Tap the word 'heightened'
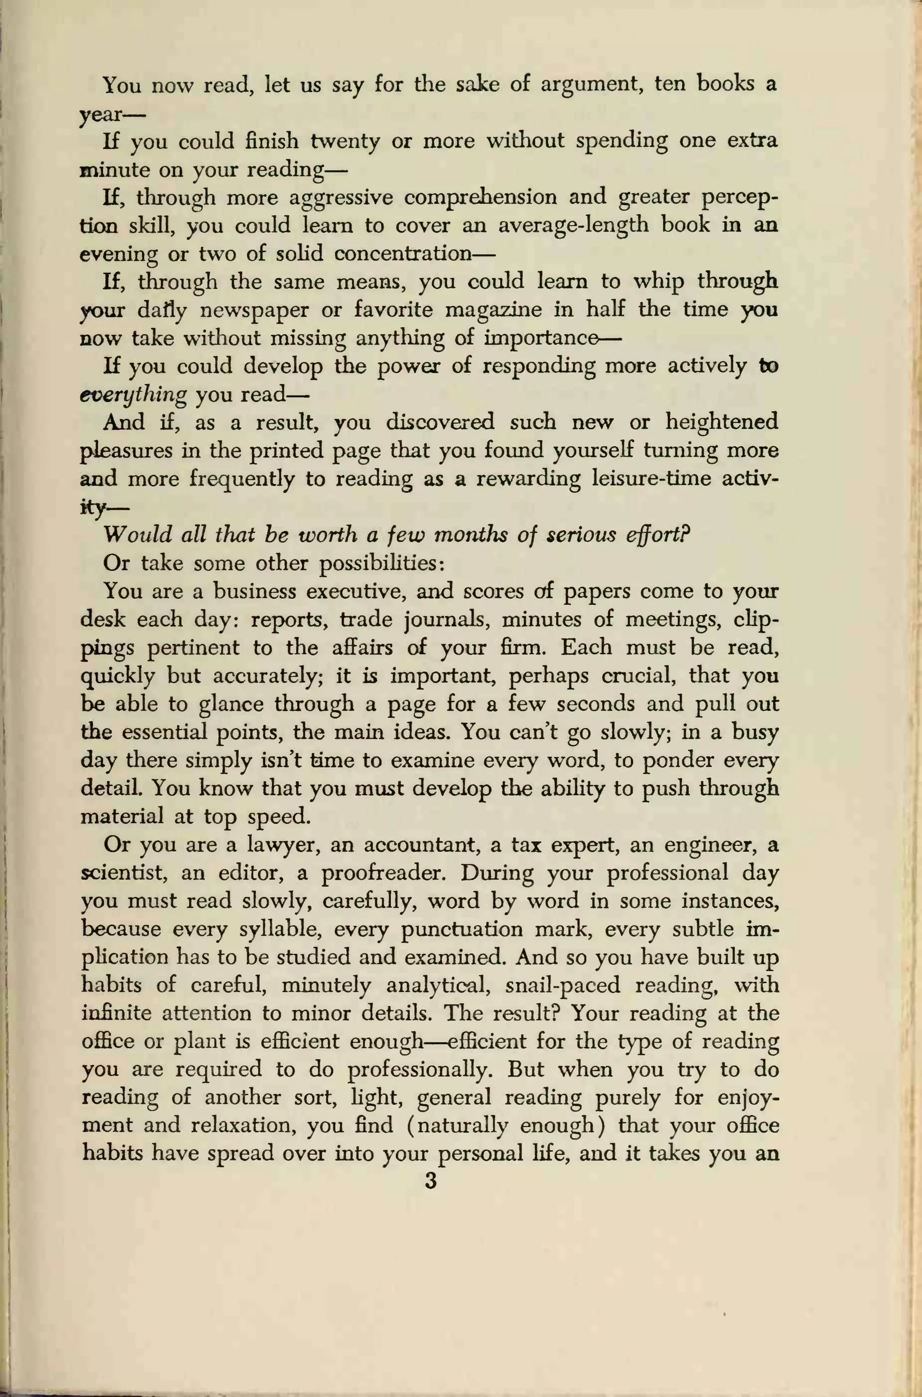pyautogui.click(x=722, y=422)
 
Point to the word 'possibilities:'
pyautogui.click(x=382, y=563)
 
